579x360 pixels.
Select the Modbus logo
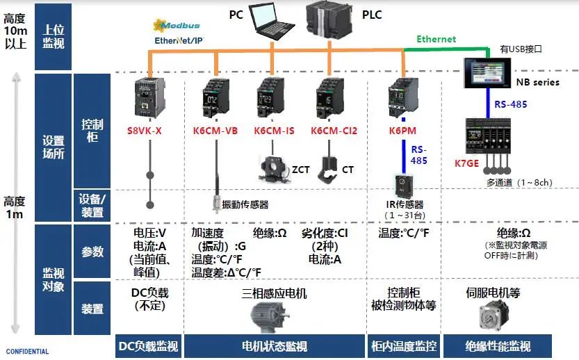[x=178, y=26]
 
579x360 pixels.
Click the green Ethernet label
[x=436, y=40]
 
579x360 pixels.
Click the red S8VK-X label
[x=144, y=130]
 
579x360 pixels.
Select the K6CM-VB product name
[x=215, y=130]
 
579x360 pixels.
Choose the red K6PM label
[x=402, y=130]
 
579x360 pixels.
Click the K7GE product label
[x=467, y=164]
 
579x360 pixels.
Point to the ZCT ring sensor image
[x=272, y=165]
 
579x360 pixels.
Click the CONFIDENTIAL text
[x=28, y=352]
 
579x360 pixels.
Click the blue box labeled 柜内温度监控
[x=402, y=346]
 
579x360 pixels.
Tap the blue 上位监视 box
[x=54, y=36]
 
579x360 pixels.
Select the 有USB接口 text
[x=521, y=49]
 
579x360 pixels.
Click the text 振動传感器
[x=245, y=204]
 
